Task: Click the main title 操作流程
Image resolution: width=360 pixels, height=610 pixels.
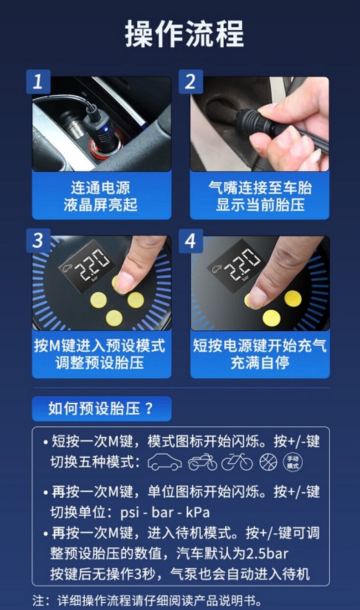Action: [185, 34]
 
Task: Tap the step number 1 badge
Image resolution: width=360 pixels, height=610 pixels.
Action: [38, 82]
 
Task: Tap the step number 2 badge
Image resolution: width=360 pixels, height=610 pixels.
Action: [191, 82]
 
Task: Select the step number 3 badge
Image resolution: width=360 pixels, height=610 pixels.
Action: [38, 241]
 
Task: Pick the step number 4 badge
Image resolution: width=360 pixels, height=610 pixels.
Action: [191, 241]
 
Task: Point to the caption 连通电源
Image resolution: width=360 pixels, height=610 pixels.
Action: [100, 188]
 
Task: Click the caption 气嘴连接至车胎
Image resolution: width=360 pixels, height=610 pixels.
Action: [260, 188]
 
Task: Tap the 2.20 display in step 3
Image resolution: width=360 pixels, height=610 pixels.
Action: [92, 263]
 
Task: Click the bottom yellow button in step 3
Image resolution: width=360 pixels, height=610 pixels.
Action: [114, 318]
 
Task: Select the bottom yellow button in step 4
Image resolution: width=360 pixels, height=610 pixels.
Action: [272, 318]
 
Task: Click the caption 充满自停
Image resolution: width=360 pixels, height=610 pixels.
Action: [260, 363]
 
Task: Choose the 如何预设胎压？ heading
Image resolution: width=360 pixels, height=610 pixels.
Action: [101, 409]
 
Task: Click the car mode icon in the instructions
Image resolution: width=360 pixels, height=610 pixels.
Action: [165, 462]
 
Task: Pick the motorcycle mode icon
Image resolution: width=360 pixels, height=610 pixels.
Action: [203, 462]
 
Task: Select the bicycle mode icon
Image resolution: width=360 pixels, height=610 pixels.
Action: [237, 462]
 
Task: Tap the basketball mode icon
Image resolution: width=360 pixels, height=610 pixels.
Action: [268, 462]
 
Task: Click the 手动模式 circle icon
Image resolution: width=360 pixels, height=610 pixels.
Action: [293, 462]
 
